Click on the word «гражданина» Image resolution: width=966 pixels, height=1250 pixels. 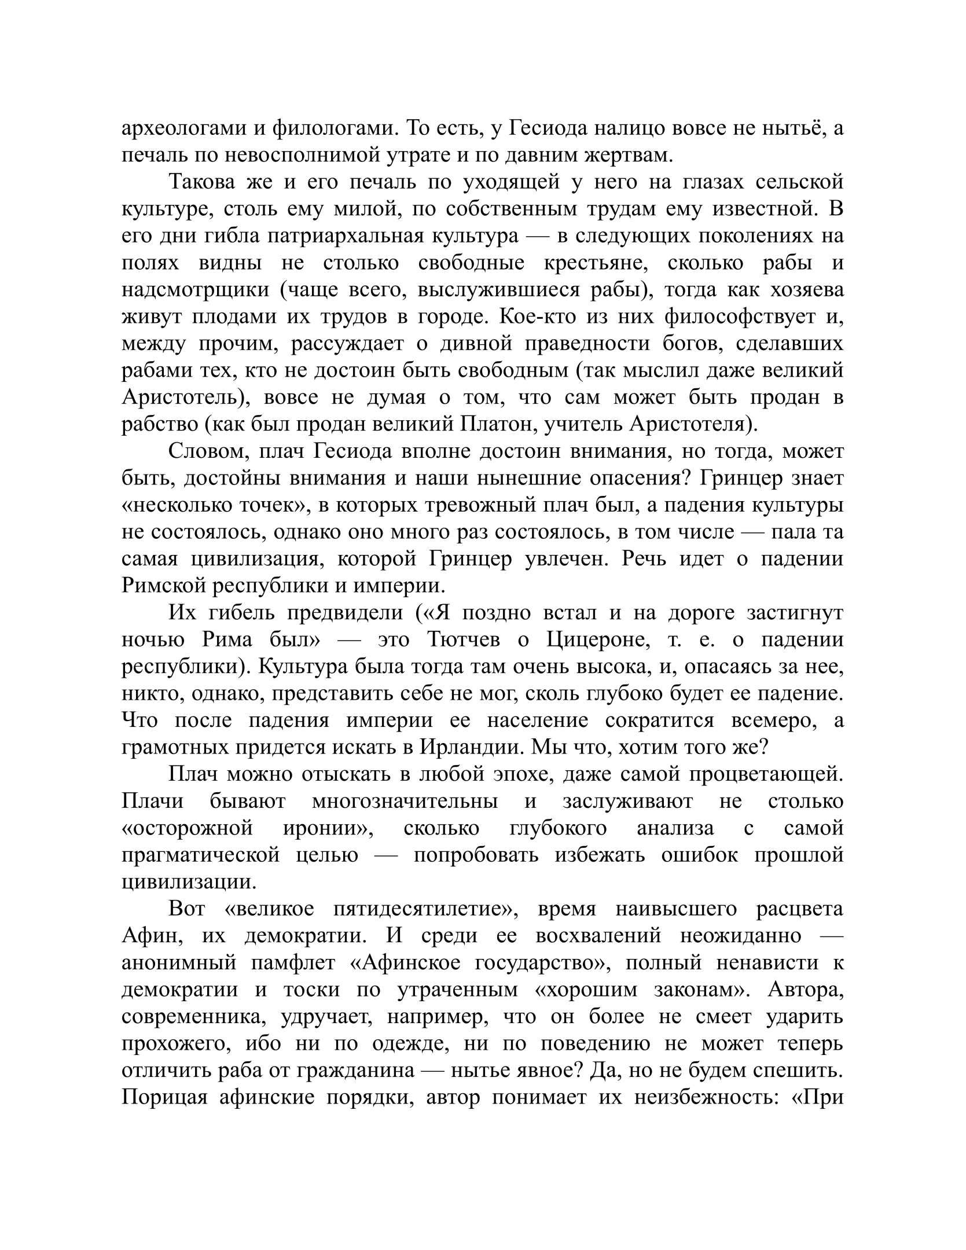coord(357,1071)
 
